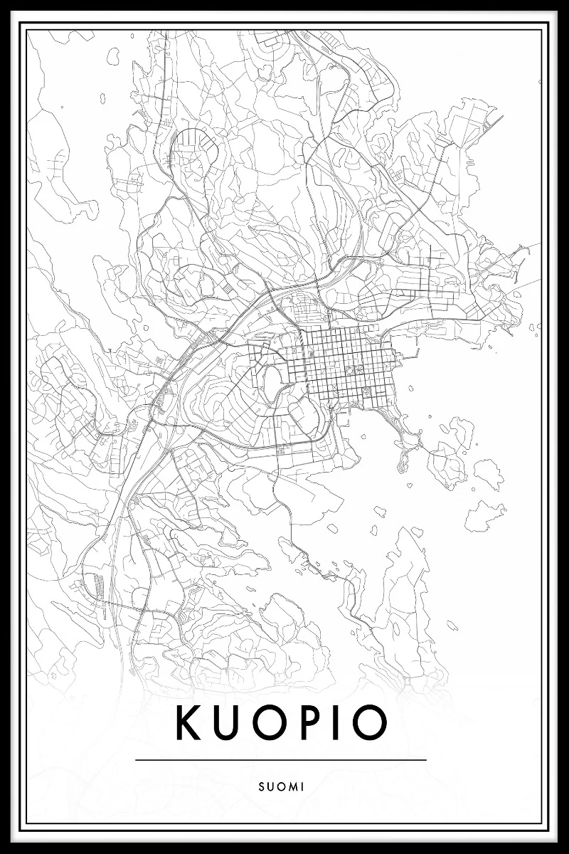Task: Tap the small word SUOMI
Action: pyautogui.click(x=282, y=786)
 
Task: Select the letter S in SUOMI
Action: pyautogui.click(x=262, y=786)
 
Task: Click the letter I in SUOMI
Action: pyautogui.click(x=302, y=786)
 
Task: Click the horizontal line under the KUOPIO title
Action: pyautogui.click(x=281, y=759)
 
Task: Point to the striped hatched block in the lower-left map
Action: pyautogui.click(x=97, y=591)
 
